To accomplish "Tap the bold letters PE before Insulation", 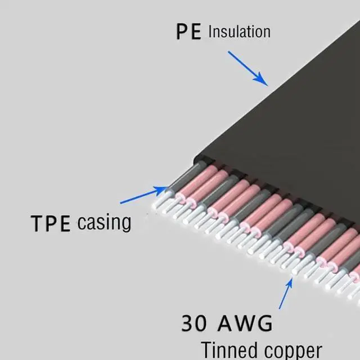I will coord(188,32).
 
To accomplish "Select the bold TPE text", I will coord(51,223).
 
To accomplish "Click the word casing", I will coord(104,222).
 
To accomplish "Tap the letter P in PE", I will coord(182,32).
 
